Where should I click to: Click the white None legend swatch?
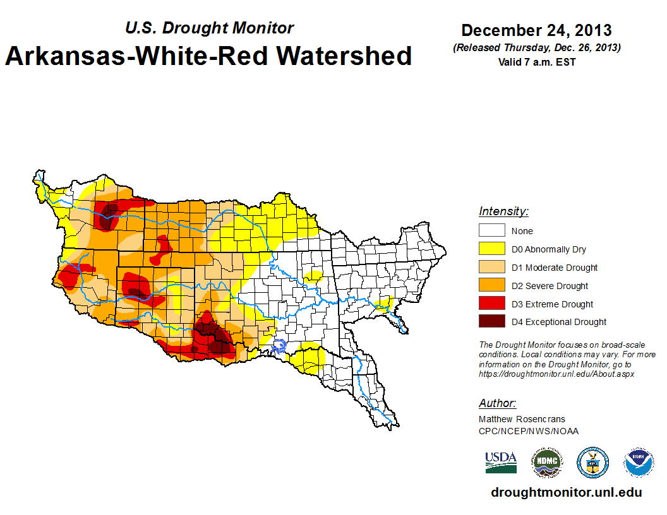491,231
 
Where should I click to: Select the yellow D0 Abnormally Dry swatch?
491,249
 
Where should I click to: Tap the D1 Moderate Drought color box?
491,268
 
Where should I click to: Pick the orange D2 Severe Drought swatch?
491,286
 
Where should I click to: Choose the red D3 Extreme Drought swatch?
491,304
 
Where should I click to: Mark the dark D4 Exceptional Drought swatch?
491,322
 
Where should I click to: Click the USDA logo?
501,462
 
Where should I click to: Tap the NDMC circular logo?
546,463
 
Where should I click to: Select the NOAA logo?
639,463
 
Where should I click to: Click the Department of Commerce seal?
593,463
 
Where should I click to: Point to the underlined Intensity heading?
503,211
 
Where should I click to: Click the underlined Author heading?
497,403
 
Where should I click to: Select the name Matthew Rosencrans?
522,419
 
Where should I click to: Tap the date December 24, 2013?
536,30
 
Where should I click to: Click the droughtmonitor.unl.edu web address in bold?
566,493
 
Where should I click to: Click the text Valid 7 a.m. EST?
536,62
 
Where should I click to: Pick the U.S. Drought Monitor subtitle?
209,28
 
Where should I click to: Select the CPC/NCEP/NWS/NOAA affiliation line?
529,431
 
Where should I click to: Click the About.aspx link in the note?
556,374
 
